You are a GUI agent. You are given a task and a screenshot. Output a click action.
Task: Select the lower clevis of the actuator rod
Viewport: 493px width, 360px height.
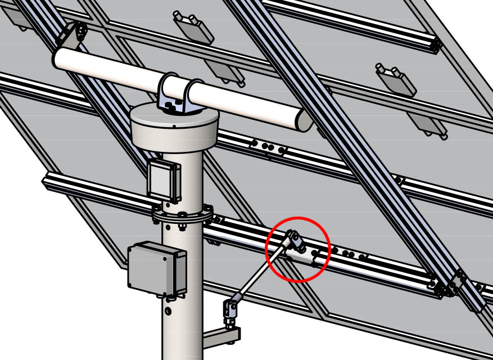(x=230, y=308)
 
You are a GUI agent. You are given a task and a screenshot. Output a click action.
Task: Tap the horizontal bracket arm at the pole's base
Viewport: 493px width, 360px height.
(x=220, y=337)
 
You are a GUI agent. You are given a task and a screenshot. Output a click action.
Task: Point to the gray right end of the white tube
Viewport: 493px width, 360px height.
(x=304, y=119)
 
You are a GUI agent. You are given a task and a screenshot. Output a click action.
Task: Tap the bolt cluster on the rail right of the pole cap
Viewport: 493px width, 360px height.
(x=268, y=147)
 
